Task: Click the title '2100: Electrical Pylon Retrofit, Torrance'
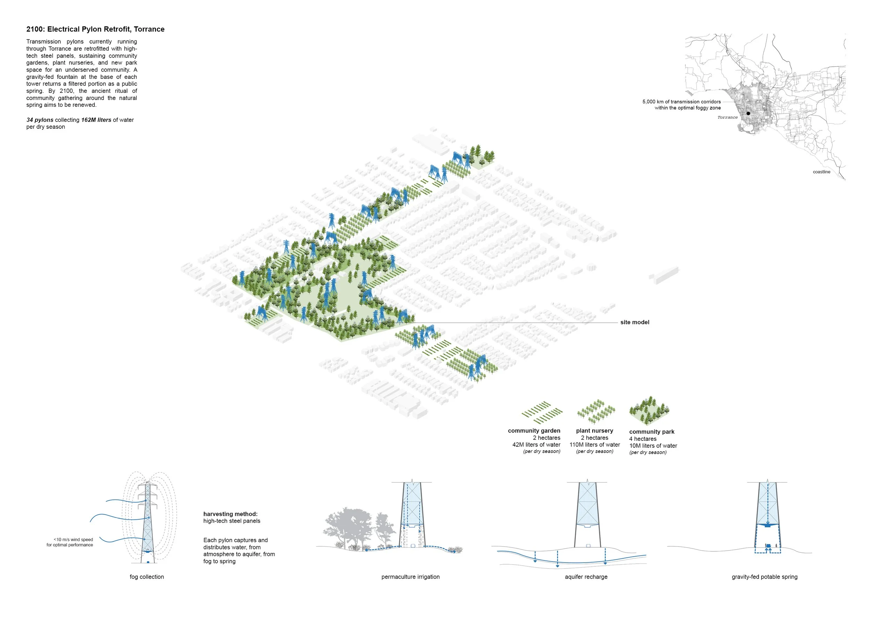click(95, 29)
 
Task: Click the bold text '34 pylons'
click(40, 120)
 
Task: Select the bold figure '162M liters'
click(96, 120)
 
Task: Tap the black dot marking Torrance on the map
click(748, 113)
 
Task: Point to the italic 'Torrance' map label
click(727, 117)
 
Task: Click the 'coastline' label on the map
click(821, 172)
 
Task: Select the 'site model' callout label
click(634, 322)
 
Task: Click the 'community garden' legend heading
click(534, 430)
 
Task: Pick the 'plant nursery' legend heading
click(594, 430)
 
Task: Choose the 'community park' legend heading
click(652, 432)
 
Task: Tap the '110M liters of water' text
click(594, 445)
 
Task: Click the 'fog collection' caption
click(146, 577)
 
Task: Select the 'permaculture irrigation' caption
click(411, 577)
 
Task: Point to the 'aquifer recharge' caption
click(586, 577)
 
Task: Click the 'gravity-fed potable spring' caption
click(765, 577)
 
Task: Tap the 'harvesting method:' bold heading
click(231, 514)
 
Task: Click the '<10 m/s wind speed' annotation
click(73, 540)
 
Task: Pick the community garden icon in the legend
click(542, 412)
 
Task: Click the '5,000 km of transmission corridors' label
click(681, 102)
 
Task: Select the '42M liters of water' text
click(536, 445)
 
